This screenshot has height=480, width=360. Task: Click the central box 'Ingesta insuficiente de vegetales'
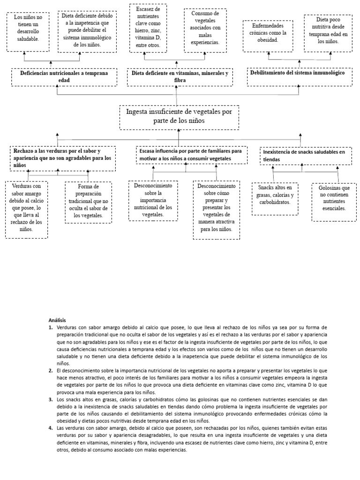(179, 117)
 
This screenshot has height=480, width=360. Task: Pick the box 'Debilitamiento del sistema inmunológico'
(300, 76)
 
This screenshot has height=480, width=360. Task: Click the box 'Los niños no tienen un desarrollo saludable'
(27, 32)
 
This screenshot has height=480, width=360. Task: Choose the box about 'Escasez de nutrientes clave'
(148, 28)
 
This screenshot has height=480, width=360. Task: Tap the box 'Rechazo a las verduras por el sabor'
(62, 158)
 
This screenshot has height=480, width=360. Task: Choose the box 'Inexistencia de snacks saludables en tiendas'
(306, 156)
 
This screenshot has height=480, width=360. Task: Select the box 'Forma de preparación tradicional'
(88, 202)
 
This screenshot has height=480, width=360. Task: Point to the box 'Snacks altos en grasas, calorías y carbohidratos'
(275, 198)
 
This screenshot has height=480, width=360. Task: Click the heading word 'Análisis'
(58, 319)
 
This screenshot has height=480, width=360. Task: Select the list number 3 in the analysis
(51, 399)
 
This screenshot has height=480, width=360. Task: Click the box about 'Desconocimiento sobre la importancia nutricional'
(153, 200)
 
